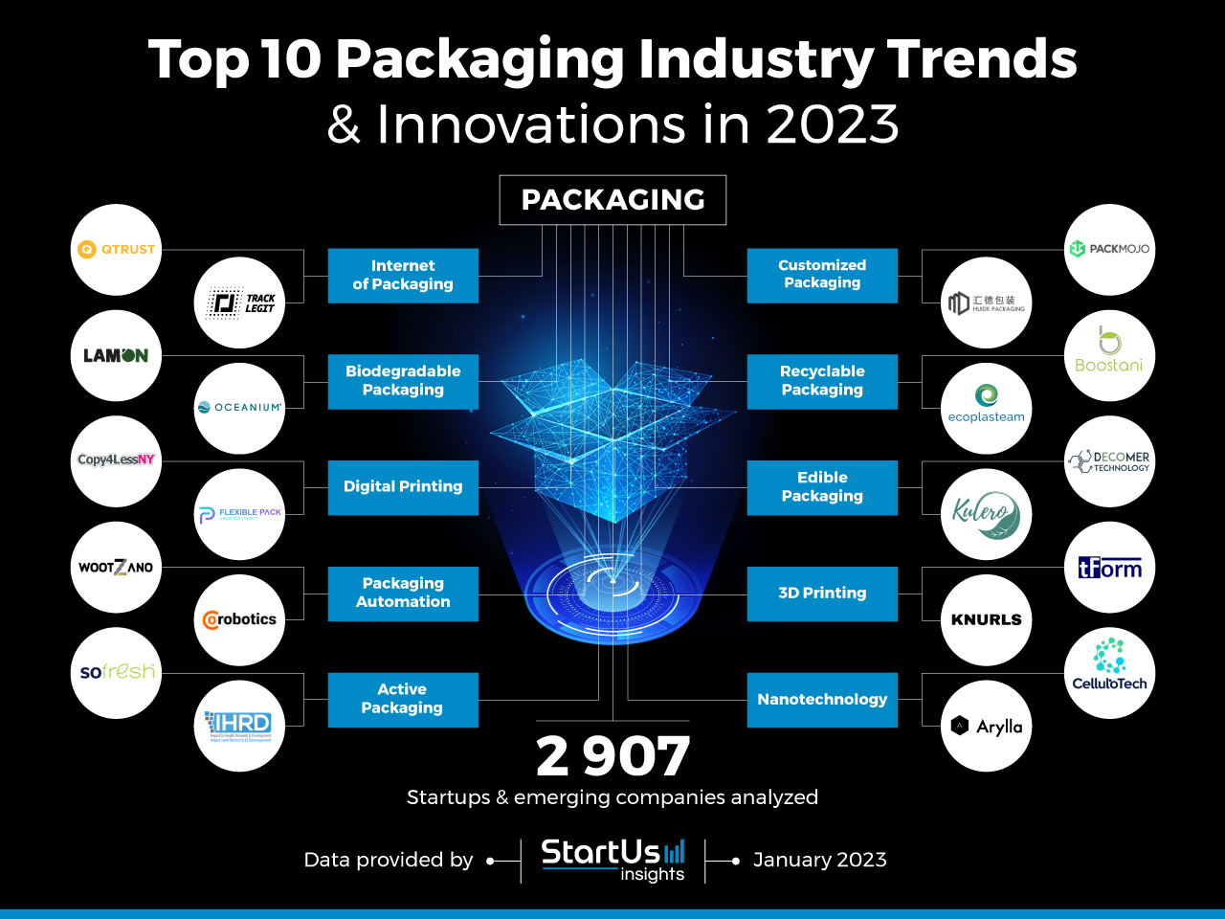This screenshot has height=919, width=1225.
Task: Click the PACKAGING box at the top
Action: [612, 200]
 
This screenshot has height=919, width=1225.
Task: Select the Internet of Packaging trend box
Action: [403, 276]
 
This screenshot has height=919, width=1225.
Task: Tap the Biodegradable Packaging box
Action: [403, 381]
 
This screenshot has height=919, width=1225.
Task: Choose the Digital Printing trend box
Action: [403, 487]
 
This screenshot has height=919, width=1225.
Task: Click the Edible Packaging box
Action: [822, 487]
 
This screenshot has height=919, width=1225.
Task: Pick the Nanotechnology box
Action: [822, 700]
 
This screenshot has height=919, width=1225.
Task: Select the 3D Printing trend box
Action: [822, 594]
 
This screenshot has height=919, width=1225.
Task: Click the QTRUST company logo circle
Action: [116, 250]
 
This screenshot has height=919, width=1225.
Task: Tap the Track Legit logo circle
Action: [239, 303]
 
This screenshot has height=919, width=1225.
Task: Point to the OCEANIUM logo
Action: [239, 408]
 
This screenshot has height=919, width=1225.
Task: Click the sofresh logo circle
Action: [116, 673]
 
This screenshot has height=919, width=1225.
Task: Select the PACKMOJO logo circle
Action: [1109, 250]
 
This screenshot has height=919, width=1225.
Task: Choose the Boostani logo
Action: [1109, 355]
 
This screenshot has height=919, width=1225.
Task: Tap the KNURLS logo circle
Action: [986, 620]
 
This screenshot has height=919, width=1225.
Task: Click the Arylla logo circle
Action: [986, 727]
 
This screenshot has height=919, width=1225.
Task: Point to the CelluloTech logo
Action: [1109, 673]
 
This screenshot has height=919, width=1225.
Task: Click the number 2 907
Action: [612, 756]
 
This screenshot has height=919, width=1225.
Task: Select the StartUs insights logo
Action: [612, 859]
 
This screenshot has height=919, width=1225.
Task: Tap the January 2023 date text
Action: [819, 860]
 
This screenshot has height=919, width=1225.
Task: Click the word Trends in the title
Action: [982, 59]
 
